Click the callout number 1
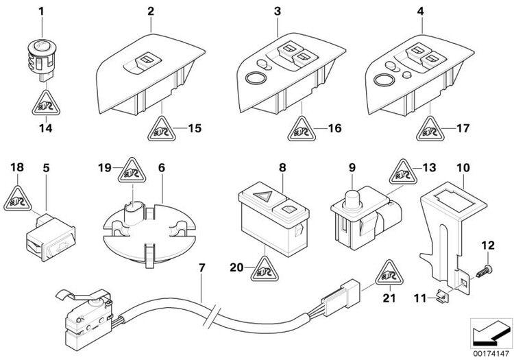coord(41,12)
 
